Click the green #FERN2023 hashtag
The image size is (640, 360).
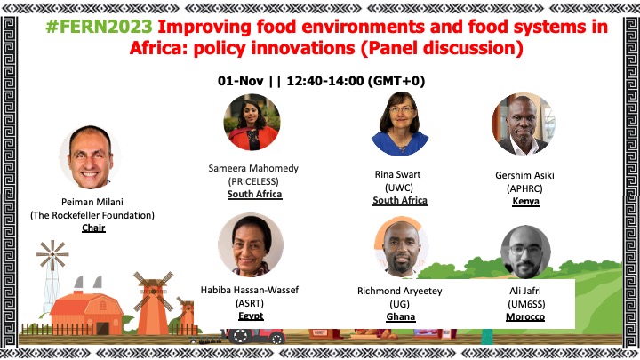(100, 27)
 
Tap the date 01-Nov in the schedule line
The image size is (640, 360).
(240, 81)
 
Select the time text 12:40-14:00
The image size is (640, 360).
(325, 81)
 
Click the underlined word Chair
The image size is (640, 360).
(93, 228)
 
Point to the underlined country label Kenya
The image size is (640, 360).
(525, 202)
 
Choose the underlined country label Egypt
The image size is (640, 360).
(251, 316)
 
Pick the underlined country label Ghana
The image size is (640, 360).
(401, 316)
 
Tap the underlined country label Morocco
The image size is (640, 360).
(525, 316)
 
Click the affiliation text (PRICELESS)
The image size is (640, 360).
(253, 181)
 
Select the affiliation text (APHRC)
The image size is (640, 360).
(524, 188)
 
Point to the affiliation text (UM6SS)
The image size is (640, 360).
(526, 304)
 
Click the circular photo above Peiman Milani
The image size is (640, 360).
(90, 157)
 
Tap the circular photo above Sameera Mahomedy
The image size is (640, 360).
(252, 122)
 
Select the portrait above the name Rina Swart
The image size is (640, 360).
(400, 124)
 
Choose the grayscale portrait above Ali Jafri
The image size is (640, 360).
(525, 252)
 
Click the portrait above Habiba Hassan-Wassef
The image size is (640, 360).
(251, 244)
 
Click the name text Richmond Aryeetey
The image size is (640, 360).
(400, 291)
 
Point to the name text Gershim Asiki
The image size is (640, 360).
(524, 175)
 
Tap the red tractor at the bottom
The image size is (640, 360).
(254, 335)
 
